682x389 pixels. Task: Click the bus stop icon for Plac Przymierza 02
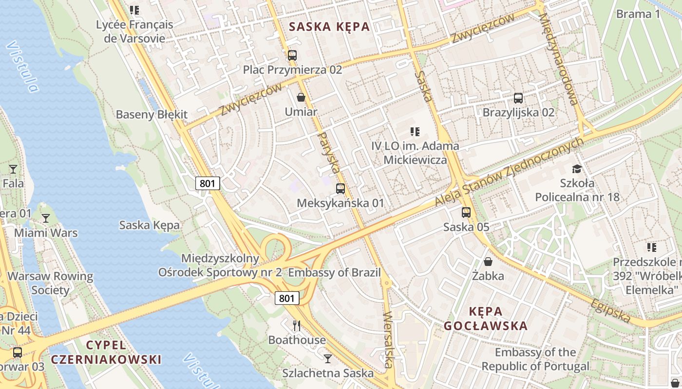click(292, 55)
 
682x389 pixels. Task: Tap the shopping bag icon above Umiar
click(301, 97)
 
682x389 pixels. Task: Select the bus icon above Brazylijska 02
click(518, 98)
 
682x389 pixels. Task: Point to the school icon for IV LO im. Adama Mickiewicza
click(415, 131)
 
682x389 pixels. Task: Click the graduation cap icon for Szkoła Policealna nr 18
click(577, 169)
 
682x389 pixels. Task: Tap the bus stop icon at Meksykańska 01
click(341, 188)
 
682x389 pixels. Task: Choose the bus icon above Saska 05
click(466, 212)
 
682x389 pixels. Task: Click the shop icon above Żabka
click(488, 262)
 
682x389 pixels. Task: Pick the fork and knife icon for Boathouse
click(297, 325)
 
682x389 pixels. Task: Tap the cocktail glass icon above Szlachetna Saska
click(327, 358)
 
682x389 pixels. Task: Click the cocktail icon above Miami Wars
click(46, 218)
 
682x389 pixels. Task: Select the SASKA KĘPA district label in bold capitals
click(329, 27)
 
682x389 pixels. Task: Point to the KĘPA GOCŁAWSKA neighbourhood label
click(485, 318)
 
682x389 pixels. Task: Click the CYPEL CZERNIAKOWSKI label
click(106, 352)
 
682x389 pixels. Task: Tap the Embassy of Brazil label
click(334, 272)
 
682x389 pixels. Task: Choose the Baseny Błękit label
click(152, 115)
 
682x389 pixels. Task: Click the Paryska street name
click(328, 153)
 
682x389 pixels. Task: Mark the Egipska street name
click(610, 311)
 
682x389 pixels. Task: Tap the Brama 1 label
click(638, 14)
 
